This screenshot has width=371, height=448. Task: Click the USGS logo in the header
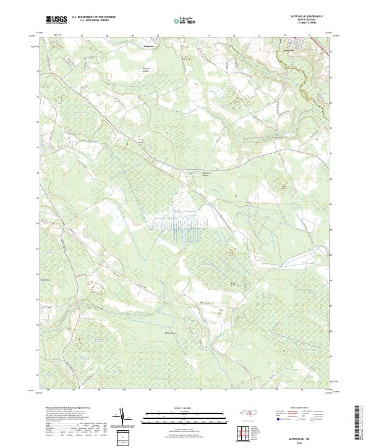pyautogui.click(x=56, y=20)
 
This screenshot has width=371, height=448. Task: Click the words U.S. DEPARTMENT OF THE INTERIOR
pyautogui.click(x=94, y=17)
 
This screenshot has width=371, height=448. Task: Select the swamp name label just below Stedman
pyautogui.click(x=147, y=70)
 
